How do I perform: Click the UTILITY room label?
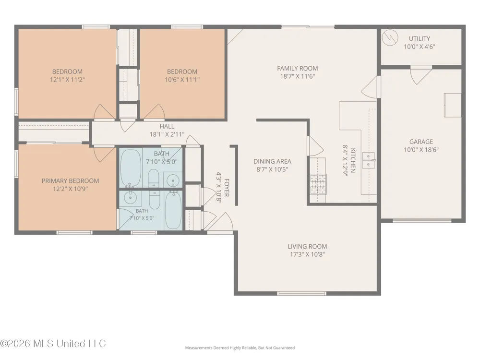[420, 38]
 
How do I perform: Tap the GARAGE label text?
[421, 142]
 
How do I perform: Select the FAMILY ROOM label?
[298, 68]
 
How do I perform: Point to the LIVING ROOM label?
[307, 246]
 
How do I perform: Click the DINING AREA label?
[273, 161]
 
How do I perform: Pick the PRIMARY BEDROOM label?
[71, 181]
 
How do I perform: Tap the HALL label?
[167, 126]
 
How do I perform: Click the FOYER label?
[227, 188]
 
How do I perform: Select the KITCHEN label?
[353, 160]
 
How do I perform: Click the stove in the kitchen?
[318, 184]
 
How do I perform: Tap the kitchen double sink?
[368, 160]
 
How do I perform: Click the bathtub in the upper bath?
[131, 168]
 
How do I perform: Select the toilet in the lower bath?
[154, 199]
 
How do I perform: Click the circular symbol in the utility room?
[390, 37]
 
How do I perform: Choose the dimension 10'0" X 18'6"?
[421, 150]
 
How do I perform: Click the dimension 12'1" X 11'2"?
[67, 80]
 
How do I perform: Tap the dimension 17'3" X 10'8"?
[307, 254]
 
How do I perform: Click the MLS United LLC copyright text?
[53, 344]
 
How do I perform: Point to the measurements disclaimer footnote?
[240, 348]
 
